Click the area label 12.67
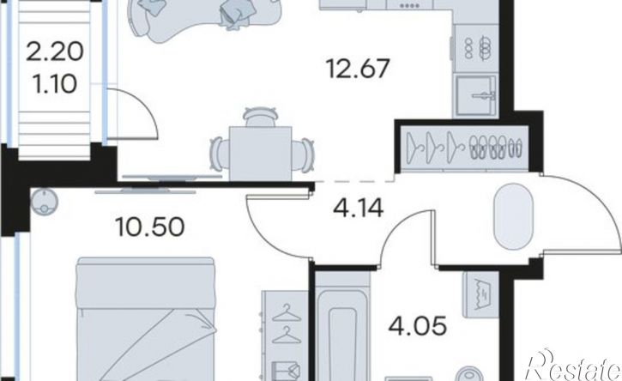(x=358, y=69)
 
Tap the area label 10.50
(x=150, y=227)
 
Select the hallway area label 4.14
(x=359, y=208)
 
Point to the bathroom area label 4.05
(x=418, y=327)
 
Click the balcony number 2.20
(x=55, y=52)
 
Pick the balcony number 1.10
(x=55, y=84)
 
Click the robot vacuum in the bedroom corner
(x=45, y=202)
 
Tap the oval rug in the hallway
(x=513, y=216)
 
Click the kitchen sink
(x=476, y=95)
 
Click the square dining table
(x=260, y=154)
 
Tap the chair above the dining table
(x=260, y=117)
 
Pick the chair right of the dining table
(x=303, y=154)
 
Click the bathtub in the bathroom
(x=342, y=330)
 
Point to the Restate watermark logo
(x=573, y=366)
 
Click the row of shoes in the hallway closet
(x=496, y=148)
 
